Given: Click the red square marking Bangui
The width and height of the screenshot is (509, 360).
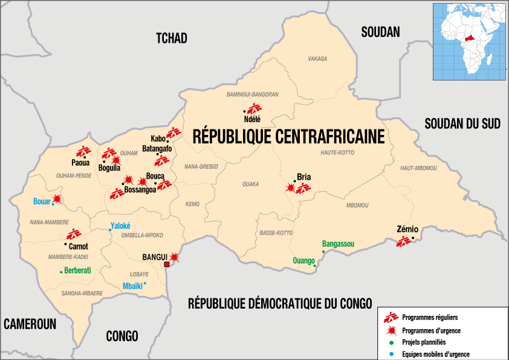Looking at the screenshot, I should pos(167,264).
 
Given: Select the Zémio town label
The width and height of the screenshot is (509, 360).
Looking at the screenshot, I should pos(406,230).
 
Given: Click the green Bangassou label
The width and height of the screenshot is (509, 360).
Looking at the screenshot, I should pos(338,244).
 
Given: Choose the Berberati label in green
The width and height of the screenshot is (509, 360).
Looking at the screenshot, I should pos(77,271).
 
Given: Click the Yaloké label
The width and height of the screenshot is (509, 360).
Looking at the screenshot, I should pos(120,226).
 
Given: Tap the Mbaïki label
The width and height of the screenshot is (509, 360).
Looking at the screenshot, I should pos(132,286).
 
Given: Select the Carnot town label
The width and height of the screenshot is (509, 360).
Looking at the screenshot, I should pos(78,246).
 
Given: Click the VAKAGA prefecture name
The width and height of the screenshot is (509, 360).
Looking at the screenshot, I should pos(317,59).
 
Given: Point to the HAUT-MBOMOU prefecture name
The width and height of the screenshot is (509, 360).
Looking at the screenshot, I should pos(418,168).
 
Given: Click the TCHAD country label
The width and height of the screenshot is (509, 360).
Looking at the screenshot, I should pos(172,39).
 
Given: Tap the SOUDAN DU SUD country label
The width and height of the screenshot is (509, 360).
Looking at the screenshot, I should pos(462,124).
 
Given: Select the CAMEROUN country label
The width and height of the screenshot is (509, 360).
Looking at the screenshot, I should pos(30,324).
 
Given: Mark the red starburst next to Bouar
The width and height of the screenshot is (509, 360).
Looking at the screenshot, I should pos(57,198).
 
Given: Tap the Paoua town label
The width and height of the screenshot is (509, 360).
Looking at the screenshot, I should pos(80,163).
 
